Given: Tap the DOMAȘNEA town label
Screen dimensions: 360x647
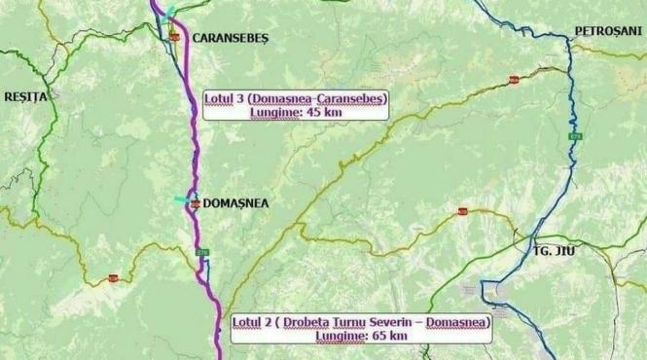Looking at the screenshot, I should (x=234, y=204).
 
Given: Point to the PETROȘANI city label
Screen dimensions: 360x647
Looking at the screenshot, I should (x=609, y=31).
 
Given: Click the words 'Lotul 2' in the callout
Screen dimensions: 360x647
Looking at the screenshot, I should (x=254, y=321).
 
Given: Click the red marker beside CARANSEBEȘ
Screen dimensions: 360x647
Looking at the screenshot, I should (x=174, y=35).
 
